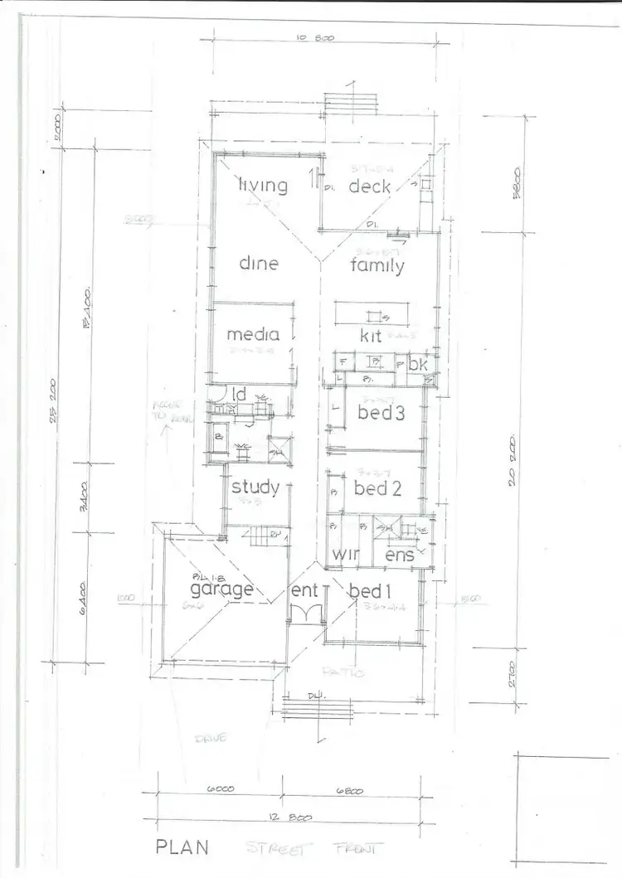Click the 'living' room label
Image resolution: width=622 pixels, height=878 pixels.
263,186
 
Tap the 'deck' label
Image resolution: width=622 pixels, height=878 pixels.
369,187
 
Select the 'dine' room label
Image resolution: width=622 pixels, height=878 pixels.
259,264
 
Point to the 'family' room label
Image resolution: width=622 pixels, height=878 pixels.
377,266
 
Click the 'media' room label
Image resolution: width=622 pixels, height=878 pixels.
253,335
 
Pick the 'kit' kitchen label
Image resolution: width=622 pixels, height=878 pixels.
370,336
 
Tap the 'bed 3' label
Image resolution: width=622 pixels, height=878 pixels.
381,412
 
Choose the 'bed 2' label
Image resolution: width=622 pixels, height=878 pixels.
377,488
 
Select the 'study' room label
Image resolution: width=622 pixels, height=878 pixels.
255,487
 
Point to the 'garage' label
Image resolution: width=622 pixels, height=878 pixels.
221,590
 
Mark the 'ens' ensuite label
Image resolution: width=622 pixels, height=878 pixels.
401,555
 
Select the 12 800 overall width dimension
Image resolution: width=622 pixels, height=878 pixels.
291,818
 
